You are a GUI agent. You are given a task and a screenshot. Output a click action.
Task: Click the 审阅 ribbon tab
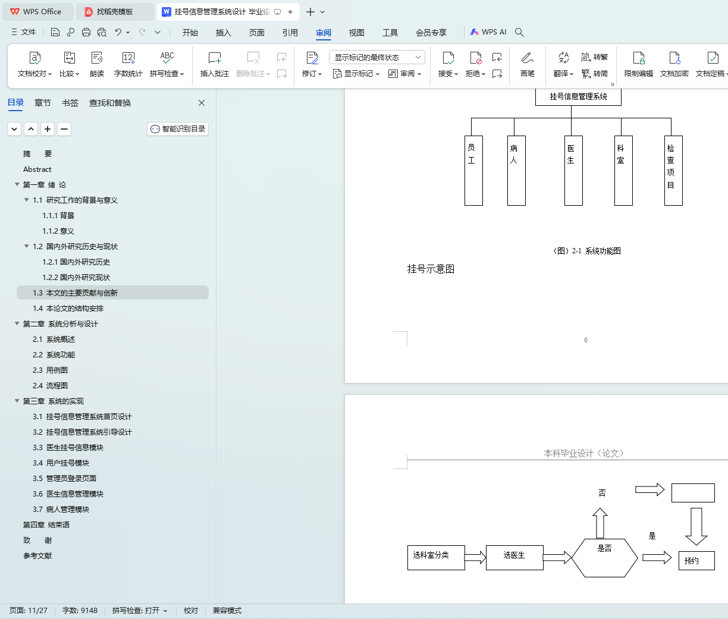[x=324, y=32]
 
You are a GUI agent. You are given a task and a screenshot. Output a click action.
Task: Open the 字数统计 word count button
[x=128, y=64]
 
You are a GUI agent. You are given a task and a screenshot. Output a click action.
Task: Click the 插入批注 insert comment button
[x=215, y=64]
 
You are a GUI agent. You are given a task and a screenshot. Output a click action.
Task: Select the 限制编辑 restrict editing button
[x=638, y=64]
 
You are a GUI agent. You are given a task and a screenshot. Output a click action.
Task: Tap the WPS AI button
[x=488, y=32]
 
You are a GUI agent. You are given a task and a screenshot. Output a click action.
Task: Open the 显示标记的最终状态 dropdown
[x=376, y=57]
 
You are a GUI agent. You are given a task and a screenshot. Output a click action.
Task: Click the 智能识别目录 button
[x=178, y=129]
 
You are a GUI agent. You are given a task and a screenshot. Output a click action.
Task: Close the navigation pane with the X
[x=202, y=103]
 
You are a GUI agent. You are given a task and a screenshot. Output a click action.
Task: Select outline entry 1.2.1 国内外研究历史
[x=76, y=262]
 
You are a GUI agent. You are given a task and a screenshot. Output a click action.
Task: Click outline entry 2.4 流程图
[x=51, y=386]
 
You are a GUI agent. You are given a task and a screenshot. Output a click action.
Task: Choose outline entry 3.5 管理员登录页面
[x=65, y=479]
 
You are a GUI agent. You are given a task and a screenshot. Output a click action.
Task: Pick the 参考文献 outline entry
[x=37, y=556]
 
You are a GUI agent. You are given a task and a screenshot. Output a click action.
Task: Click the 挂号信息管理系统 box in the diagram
[x=578, y=96]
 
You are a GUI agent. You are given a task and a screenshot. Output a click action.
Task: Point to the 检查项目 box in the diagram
[x=673, y=171]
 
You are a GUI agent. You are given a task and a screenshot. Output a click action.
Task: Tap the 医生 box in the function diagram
[x=573, y=171]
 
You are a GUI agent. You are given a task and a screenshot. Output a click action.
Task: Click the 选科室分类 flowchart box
[x=436, y=558]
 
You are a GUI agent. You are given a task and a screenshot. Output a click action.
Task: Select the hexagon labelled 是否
[x=605, y=558]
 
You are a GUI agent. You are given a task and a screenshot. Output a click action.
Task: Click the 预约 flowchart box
[x=696, y=561]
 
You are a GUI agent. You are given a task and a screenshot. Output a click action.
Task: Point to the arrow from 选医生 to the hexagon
[x=557, y=558]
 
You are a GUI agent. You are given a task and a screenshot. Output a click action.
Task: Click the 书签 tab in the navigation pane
[x=70, y=103]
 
